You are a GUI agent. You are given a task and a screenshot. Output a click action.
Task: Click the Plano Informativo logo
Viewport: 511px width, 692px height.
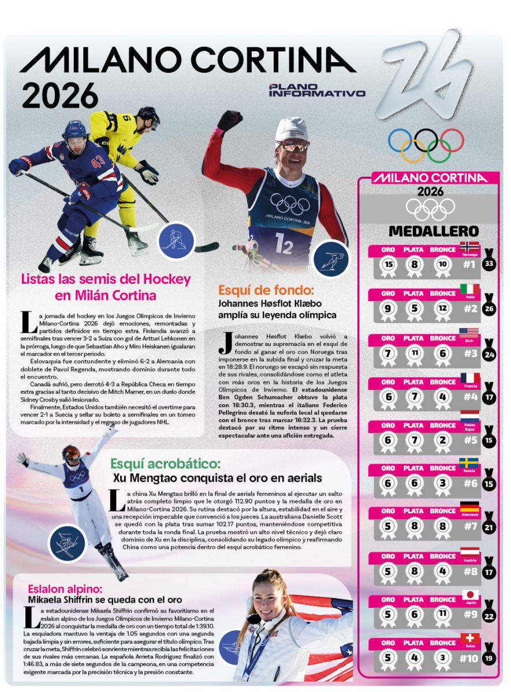pos(317,90)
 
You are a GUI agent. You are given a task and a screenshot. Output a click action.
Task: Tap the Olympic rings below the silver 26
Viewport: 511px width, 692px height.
pos(426,144)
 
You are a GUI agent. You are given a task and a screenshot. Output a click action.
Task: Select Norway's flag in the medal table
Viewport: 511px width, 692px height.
pos(469,246)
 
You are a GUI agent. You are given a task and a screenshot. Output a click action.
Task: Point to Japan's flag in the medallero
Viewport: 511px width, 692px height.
pos(469,595)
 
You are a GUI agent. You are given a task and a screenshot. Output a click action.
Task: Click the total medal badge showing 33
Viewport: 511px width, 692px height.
pos(489,264)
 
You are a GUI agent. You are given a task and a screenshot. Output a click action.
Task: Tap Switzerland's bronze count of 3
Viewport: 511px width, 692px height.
pos(443,657)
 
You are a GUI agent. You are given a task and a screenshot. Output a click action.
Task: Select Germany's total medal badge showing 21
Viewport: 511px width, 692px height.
pos(489,526)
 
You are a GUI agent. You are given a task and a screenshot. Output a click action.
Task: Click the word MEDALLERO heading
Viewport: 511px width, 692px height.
pos(426,231)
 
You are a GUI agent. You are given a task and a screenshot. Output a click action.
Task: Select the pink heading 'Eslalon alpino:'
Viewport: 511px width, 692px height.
pos(65,589)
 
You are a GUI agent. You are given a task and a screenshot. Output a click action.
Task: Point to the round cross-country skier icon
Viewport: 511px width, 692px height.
pos(330,256)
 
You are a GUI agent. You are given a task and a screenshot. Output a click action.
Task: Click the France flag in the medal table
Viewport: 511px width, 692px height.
pos(469,378)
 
